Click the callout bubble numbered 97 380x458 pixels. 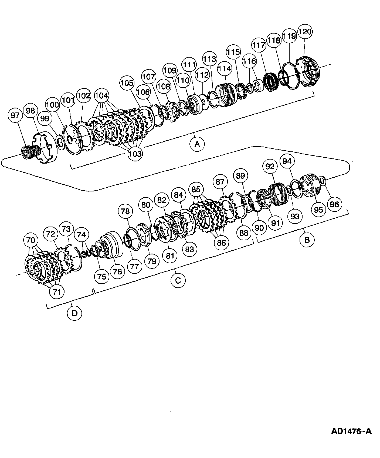click(x=15, y=115)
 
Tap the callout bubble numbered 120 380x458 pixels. click(x=305, y=32)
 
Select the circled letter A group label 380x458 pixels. click(x=197, y=144)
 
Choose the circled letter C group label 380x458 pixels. click(x=178, y=280)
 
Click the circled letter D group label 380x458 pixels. click(x=74, y=313)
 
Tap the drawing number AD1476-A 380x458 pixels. click(x=351, y=431)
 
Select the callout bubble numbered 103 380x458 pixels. click(x=135, y=154)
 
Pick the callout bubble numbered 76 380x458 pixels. click(x=118, y=271)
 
